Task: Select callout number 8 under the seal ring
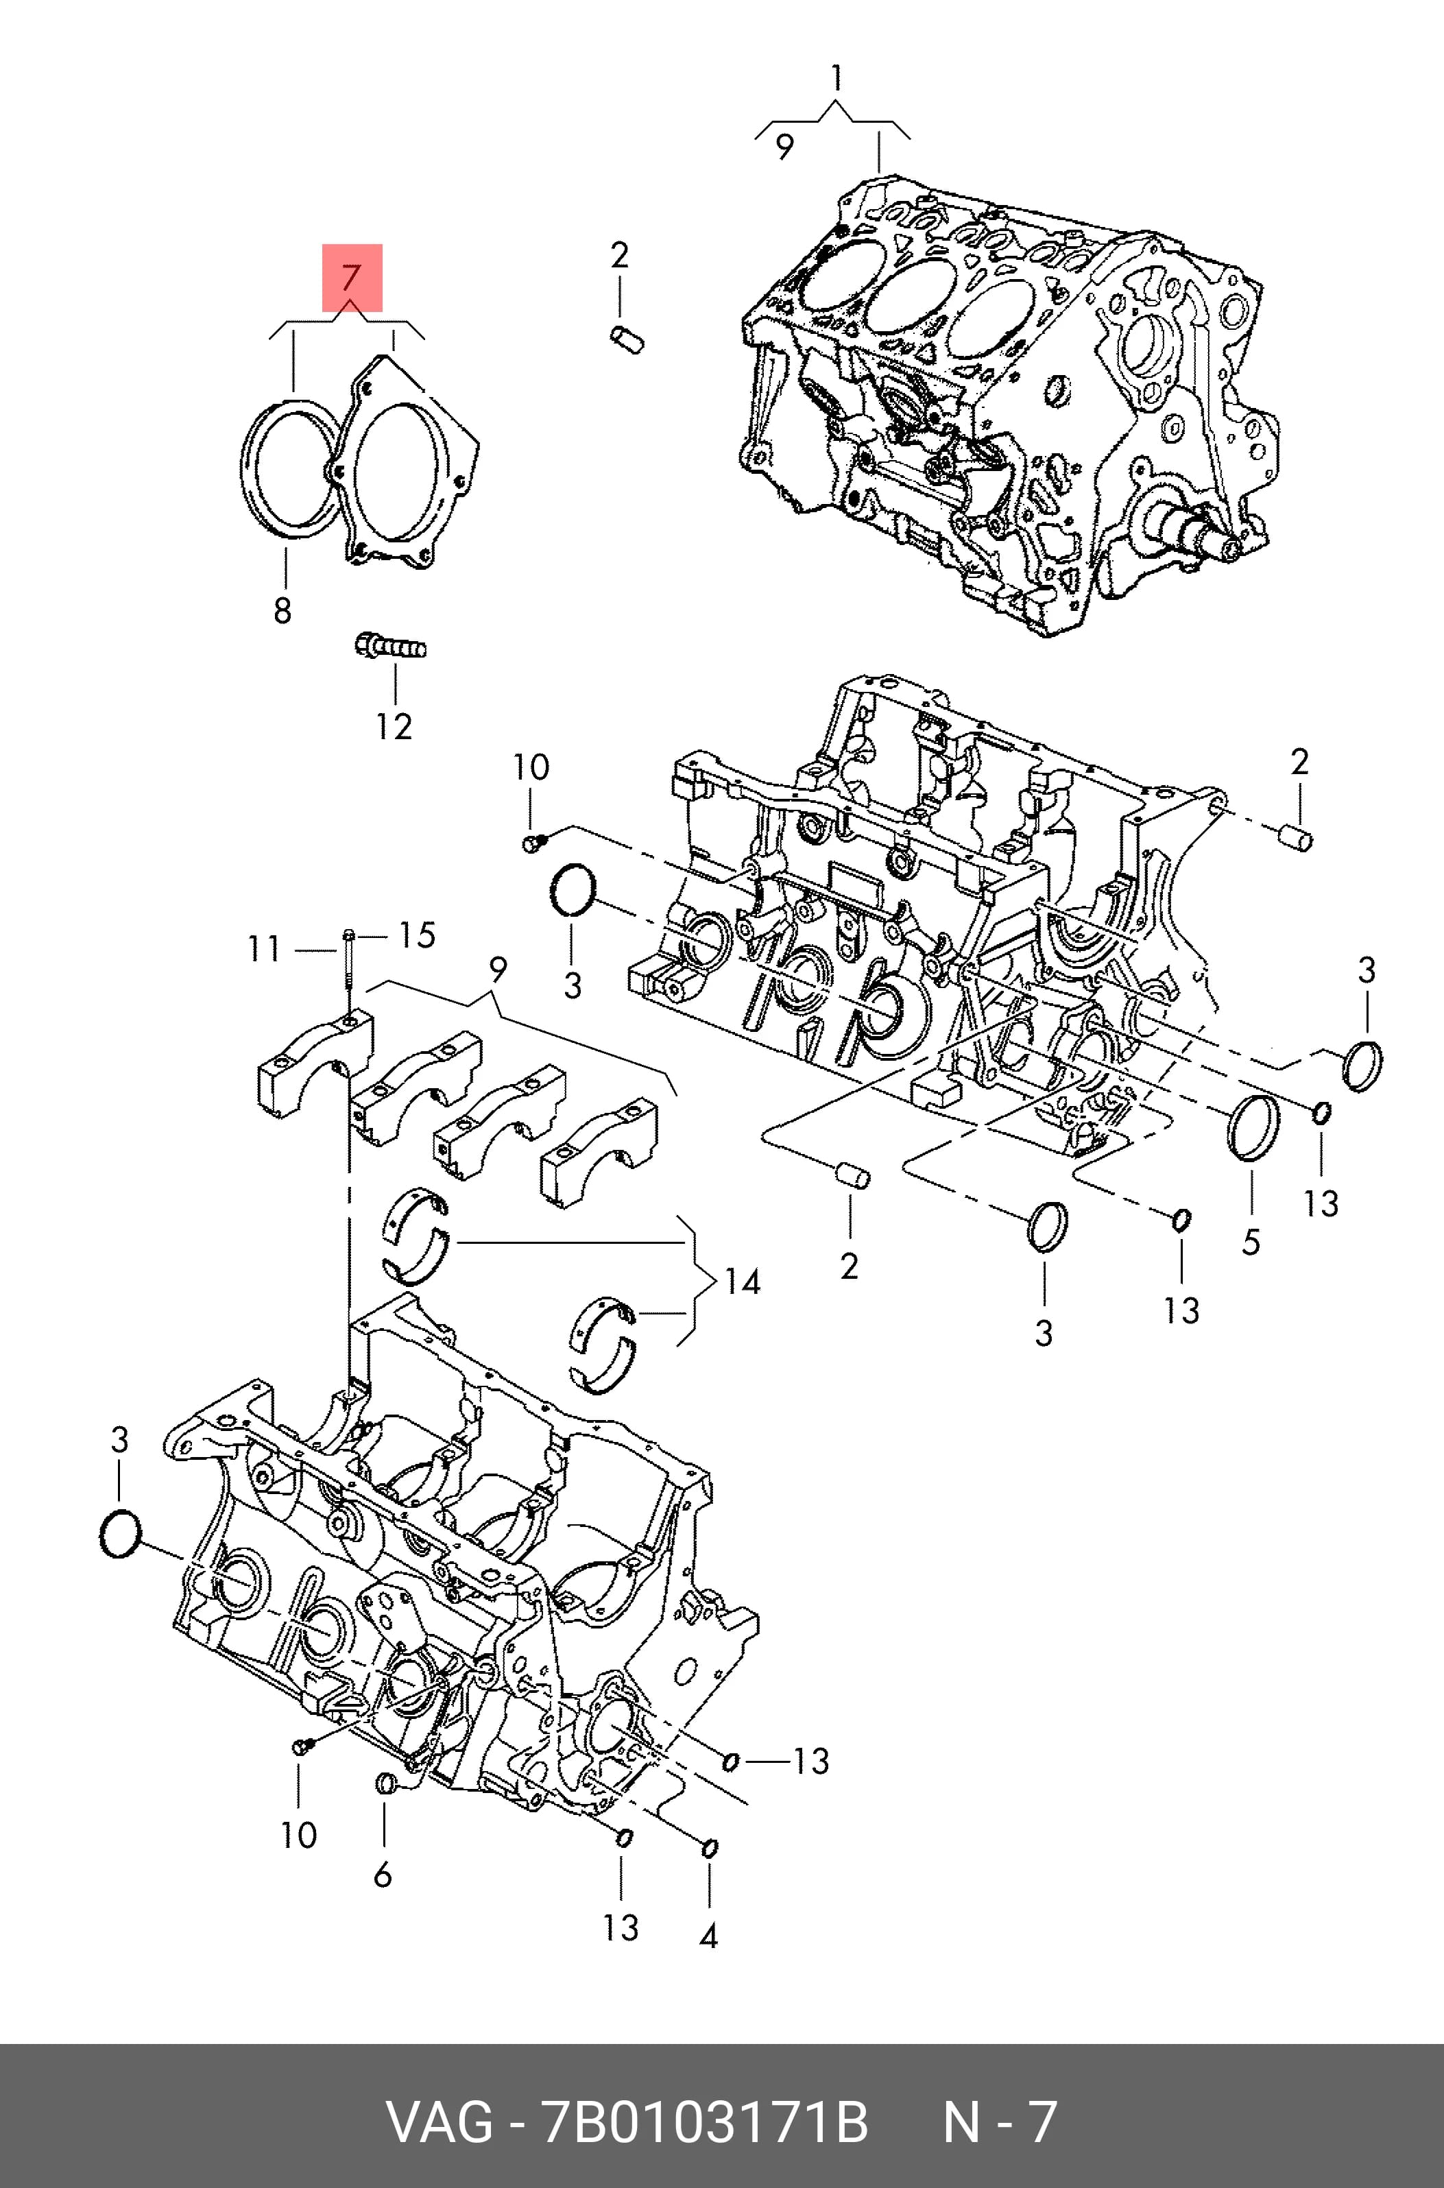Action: click(x=282, y=610)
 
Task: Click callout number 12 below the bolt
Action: click(x=394, y=727)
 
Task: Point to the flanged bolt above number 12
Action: click(x=390, y=645)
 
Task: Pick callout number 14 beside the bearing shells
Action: click(x=743, y=1282)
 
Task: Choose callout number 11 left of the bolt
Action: click(x=263, y=948)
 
